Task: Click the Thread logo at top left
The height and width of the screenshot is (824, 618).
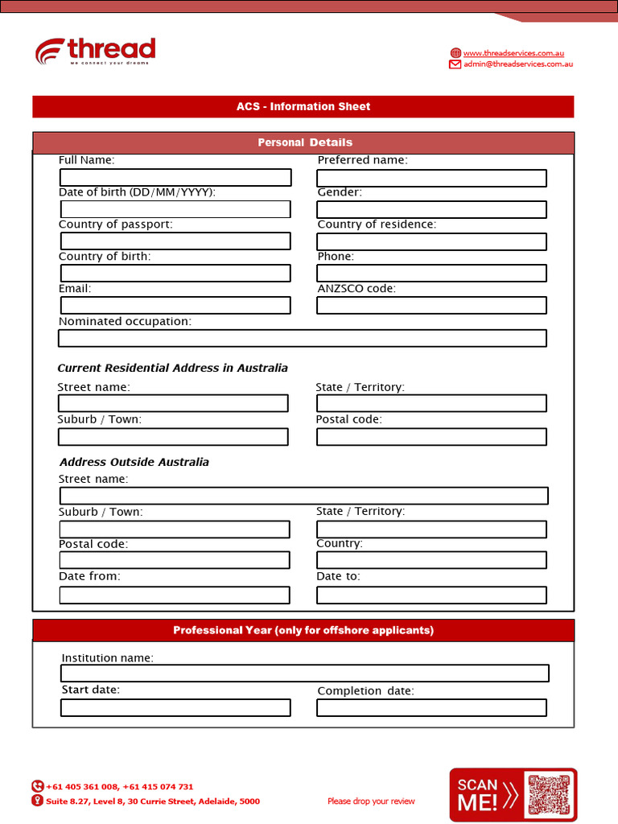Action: pos(95,51)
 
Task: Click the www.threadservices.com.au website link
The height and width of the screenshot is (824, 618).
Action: pos(513,53)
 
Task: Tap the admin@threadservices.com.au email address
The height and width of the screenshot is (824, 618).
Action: pos(517,64)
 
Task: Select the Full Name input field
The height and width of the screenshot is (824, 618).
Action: pos(175,177)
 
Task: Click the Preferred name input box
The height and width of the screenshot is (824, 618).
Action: pos(431,178)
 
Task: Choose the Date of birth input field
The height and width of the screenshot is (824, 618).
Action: pos(175,209)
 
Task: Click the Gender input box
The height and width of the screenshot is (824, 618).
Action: pos(431,210)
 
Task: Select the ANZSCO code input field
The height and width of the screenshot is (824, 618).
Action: pos(431,306)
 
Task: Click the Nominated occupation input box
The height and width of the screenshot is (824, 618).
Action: pos(303,338)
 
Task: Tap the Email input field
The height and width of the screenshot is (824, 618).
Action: pos(175,306)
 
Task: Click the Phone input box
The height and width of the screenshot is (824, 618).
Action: pos(431,274)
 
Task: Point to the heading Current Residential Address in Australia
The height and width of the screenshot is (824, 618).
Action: pos(172,368)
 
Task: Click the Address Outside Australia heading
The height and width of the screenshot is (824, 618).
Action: pos(134,462)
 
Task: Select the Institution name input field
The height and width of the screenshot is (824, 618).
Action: pos(305,674)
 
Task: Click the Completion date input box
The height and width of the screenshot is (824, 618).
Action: pos(431,708)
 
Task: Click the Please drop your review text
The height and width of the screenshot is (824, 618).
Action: pos(371,801)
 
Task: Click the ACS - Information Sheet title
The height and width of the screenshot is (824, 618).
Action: pos(303,106)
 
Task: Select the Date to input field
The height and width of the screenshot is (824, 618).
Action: pos(431,595)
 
